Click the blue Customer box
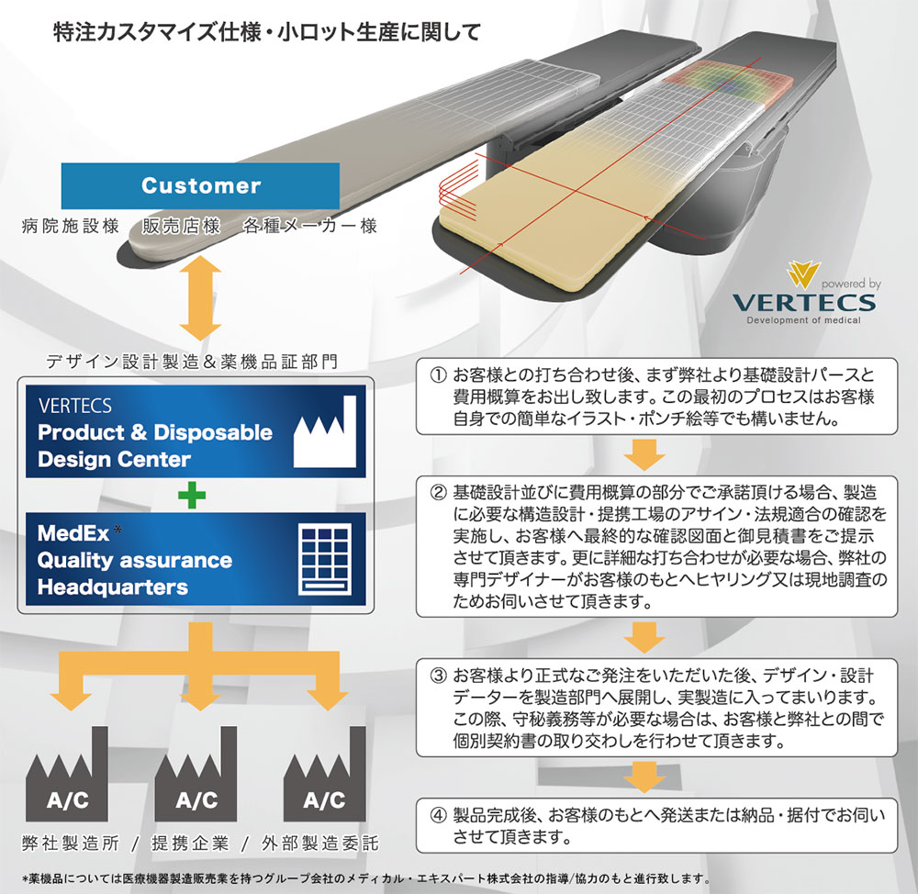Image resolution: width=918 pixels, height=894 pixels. (200, 185)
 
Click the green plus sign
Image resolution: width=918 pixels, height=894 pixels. (192, 497)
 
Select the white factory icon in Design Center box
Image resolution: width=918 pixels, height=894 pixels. (324, 430)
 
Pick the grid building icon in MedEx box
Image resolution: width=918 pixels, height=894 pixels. (324, 557)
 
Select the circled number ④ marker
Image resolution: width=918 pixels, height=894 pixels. (438, 814)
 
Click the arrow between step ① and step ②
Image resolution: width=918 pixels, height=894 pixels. (647, 453)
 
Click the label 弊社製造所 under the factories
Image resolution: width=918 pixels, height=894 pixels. (69, 843)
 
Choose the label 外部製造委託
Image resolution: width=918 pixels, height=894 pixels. (319, 843)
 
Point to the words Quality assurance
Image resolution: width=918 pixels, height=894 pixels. (134, 560)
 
